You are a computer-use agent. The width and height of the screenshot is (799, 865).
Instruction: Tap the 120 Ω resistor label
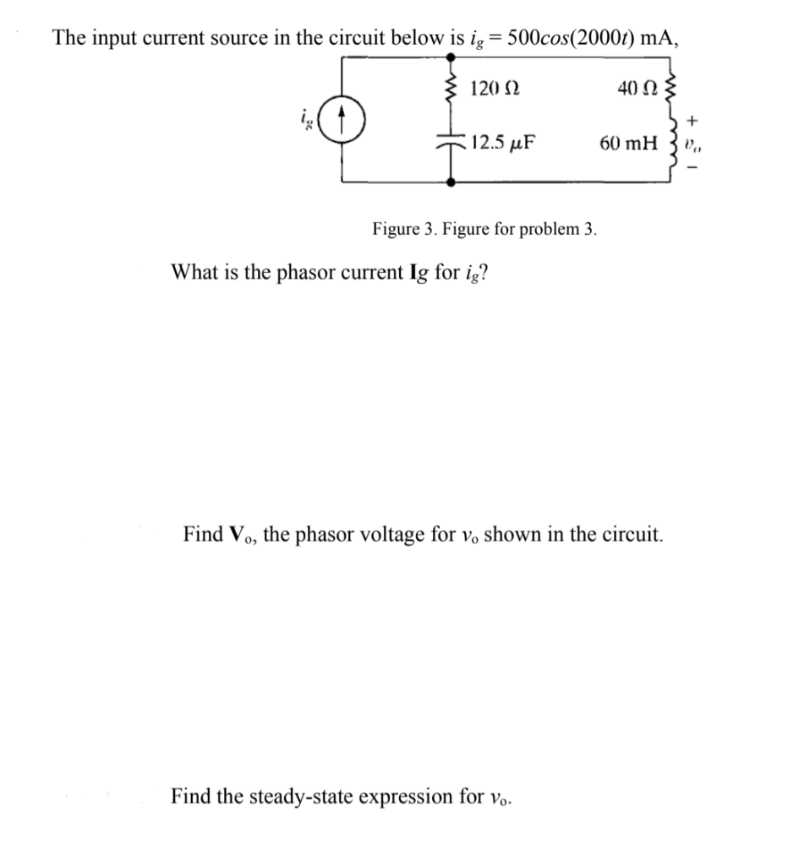[495, 88]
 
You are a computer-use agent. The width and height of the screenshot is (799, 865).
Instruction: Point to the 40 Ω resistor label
[634, 87]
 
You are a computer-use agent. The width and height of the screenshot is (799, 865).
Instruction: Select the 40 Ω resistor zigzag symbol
[672, 84]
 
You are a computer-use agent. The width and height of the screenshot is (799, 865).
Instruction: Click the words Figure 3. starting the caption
[402, 229]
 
